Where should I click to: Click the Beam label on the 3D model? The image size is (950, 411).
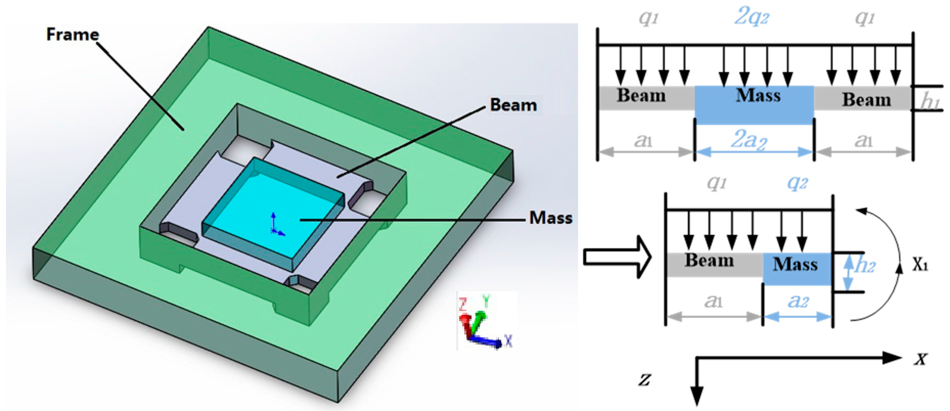pos(513,105)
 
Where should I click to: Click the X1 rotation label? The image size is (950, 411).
pos(920,265)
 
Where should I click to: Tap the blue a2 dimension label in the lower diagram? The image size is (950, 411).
pos(798,302)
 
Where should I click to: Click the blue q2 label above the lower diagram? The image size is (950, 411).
pos(797,182)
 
